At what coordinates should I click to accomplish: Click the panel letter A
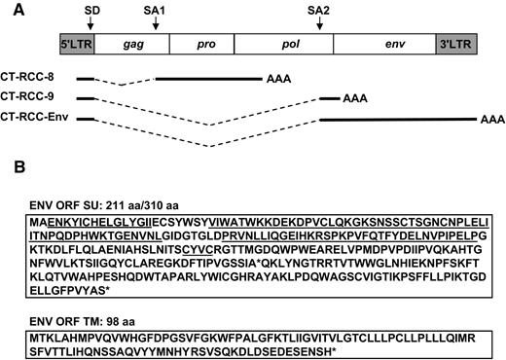click(11, 9)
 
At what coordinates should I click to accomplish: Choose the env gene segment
click(379, 46)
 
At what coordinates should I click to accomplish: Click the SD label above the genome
click(90, 9)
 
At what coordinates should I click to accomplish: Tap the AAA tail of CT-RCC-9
click(354, 98)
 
